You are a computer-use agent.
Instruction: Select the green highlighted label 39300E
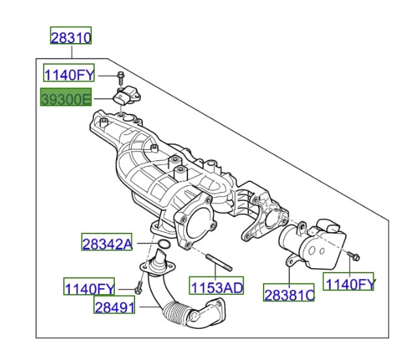(66, 97)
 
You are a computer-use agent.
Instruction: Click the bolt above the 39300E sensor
(121, 78)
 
